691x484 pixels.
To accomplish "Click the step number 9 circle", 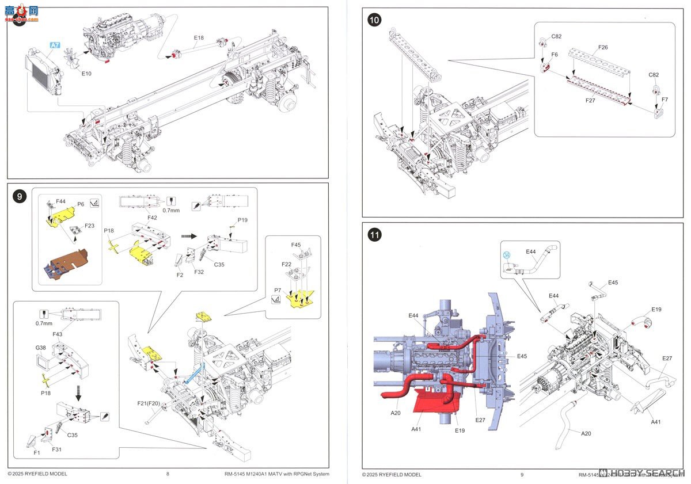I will click(20, 197).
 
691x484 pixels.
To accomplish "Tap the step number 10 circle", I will click(374, 20).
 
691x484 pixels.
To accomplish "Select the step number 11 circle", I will click(374, 235).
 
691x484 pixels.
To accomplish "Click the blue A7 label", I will click(55, 45).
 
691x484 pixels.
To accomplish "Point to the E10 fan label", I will click(86, 74).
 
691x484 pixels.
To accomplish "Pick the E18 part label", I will click(199, 38).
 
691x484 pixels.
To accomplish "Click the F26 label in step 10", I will click(602, 47).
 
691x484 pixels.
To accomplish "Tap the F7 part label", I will click(665, 100).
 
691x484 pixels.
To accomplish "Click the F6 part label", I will click(555, 54).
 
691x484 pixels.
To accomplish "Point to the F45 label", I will click(295, 245).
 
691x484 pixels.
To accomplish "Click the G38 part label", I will click(40, 348).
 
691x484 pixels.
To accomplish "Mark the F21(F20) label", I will click(147, 403).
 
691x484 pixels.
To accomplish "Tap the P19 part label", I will click(242, 220).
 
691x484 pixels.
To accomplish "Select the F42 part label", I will click(152, 218).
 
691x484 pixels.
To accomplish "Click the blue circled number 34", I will click(506, 255).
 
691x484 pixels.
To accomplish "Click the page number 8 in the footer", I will click(168, 474).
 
